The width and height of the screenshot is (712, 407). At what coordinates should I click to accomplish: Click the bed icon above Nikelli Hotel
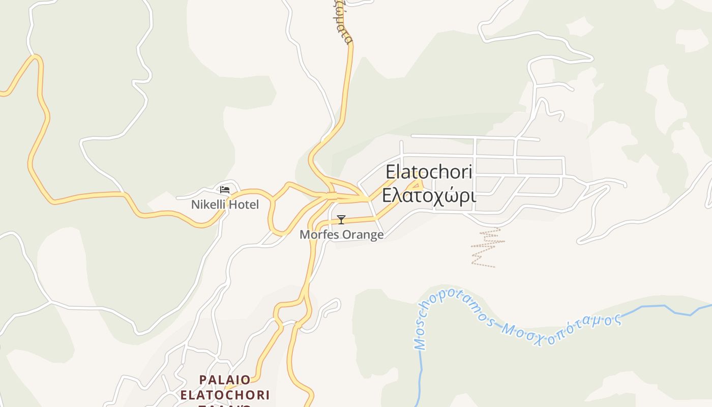coord(225,190)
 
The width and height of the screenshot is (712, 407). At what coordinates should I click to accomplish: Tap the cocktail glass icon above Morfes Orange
coord(341,220)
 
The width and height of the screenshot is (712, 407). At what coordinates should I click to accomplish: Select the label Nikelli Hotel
coord(225,205)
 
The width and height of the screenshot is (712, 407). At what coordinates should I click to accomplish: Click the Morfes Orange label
coord(341,235)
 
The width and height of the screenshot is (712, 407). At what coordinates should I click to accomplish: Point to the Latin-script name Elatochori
coord(429,172)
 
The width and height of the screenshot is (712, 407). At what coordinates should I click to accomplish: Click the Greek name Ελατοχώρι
coord(429,195)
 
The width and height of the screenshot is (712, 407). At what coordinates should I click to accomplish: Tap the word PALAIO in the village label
coord(225,380)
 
